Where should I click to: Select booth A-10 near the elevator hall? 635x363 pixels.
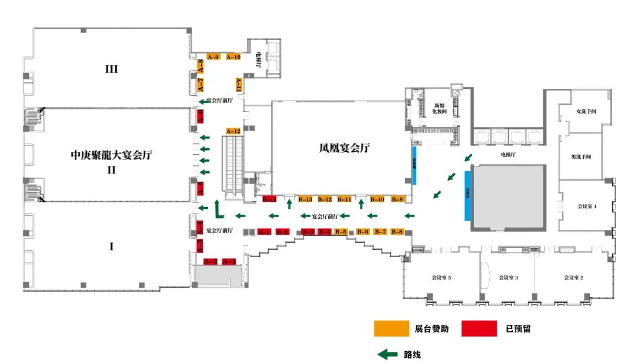[x=233, y=57]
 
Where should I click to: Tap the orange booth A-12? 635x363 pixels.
[x=233, y=131]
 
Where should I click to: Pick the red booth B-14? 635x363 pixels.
[x=269, y=199]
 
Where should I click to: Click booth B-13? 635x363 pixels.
[x=305, y=199]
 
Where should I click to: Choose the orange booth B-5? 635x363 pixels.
[x=340, y=232]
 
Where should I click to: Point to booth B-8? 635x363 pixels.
[x=397, y=232]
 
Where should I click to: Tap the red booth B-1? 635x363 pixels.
[x=265, y=232]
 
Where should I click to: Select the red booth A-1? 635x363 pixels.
[x=229, y=261]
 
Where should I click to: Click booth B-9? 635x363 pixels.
[x=397, y=199]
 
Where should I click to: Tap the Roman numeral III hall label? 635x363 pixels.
[x=111, y=69]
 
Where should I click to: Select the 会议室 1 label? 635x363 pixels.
[x=586, y=207]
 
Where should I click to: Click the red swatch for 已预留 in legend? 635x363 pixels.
[x=478, y=329]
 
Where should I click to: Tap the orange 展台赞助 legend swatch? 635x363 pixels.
[x=391, y=329]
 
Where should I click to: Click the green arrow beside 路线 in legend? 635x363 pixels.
[x=387, y=354]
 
